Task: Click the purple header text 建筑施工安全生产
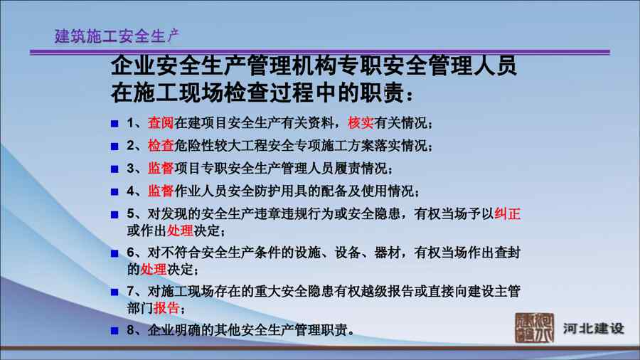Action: point(117,36)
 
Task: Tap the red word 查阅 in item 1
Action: point(161,122)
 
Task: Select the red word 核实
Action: point(361,122)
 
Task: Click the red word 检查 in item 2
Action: point(161,145)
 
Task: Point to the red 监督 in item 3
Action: point(161,168)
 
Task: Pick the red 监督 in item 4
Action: point(161,191)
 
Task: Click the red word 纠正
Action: point(507,213)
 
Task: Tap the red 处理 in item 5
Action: point(180,231)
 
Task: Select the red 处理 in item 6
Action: point(154,270)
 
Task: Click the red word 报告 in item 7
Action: point(166,308)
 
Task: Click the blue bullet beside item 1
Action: point(114,123)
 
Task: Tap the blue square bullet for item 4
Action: point(114,191)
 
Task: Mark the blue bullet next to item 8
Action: point(114,330)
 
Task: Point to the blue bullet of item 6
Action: point(114,253)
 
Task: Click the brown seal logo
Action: point(534,328)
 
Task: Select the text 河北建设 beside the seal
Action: point(594,329)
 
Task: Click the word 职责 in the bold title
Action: point(382,93)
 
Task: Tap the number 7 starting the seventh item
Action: point(130,292)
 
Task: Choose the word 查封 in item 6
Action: point(507,253)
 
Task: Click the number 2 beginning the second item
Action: point(130,146)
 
